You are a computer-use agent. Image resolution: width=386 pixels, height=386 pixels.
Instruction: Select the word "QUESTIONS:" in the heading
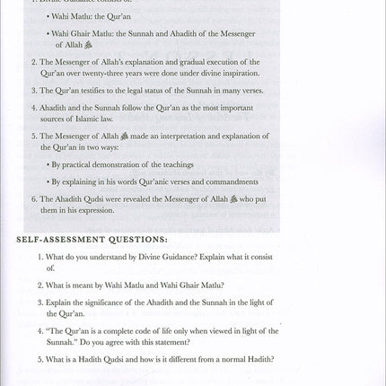140,240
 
